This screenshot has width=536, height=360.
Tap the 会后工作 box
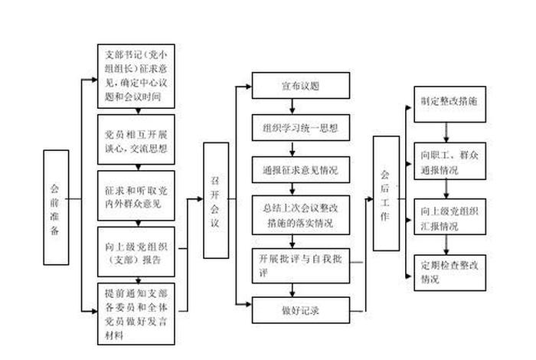click(386, 193)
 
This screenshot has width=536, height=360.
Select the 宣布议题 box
click(301, 85)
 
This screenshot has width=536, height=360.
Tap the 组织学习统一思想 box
click(301, 126)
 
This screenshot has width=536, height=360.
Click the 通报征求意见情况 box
click(301, 169)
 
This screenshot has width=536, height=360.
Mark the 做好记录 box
click(301, 311)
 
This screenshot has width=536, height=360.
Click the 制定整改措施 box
click(449, 101)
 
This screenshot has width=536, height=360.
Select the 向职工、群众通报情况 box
click(449, 162)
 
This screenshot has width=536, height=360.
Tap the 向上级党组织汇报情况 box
click(449, 218)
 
